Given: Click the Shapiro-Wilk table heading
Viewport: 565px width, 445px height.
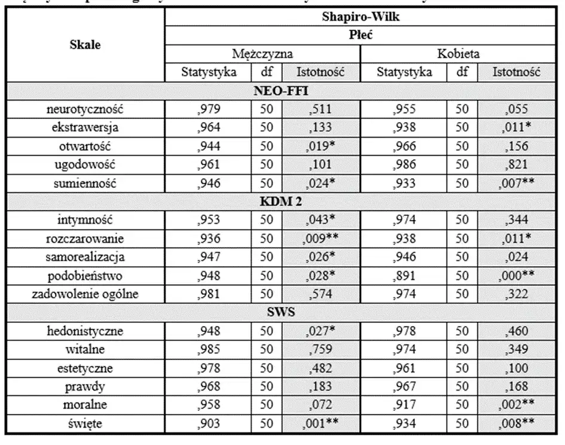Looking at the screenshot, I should click(360, 17).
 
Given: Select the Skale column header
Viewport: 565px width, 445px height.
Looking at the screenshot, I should click(85, 45).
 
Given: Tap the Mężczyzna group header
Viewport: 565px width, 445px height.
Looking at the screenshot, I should click(262, 54).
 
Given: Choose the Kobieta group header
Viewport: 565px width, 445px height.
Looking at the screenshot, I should click(458, 54).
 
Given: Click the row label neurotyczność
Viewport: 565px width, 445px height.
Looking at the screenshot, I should click(85, 109).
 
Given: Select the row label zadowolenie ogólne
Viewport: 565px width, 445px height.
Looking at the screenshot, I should click(85, 294).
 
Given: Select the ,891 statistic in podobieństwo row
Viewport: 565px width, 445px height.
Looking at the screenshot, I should click(404, 275).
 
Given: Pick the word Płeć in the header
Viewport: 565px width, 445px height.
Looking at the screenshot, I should click(360, 35).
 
